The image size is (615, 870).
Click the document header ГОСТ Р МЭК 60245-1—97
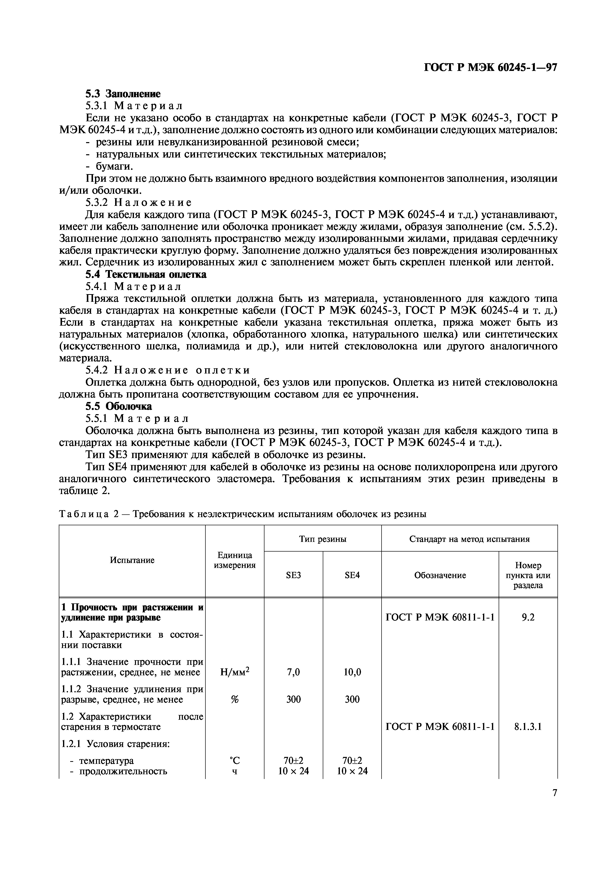coord(490,67)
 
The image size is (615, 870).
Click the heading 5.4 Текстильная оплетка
coord(146,274)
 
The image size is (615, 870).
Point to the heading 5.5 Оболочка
coord(118,406)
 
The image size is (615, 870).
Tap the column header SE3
coord(293,575)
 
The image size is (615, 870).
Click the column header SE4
coord(352,575)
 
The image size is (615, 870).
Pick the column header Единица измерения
coord(234,560)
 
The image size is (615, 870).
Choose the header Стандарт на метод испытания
coord(469,539)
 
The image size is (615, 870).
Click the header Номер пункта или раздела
coord(528,575)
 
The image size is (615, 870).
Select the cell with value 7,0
coord(293,672)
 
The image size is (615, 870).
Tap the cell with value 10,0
coord(352,672)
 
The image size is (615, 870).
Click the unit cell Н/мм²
coord(234,672)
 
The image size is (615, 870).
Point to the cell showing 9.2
coord(528,617)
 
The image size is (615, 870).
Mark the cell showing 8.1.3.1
coord(528,726)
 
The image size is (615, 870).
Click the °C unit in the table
coord(234,760)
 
